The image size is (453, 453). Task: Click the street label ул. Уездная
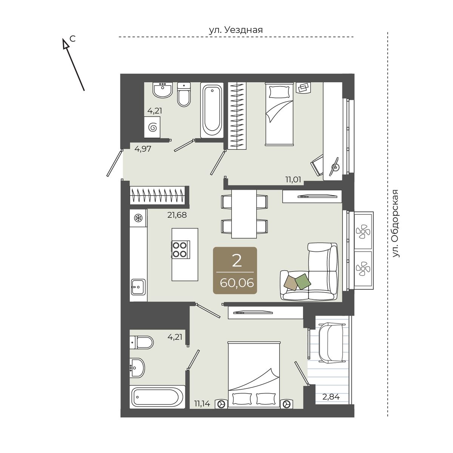pos(236,30)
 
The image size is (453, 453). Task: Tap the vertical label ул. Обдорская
pos(396,223)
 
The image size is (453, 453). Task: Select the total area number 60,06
pos(237,283)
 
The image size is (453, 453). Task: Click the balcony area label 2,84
pos(331,397)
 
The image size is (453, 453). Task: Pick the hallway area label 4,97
pos(143,149)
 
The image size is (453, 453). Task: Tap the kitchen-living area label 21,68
pos(177,215)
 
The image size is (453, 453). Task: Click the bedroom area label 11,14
pos(202,404)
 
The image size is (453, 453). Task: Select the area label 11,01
pos(293,180)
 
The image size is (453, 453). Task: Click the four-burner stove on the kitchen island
pos(181,250)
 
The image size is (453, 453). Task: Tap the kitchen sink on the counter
pos(138,287)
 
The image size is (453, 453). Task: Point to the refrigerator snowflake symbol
pos(138,218)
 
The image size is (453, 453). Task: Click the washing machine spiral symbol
pos(153,128)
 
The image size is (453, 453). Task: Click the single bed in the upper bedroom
pos(279,114)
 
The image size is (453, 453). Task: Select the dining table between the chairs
pos(244,214)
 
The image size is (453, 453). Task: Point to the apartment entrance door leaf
pos(114,163)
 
